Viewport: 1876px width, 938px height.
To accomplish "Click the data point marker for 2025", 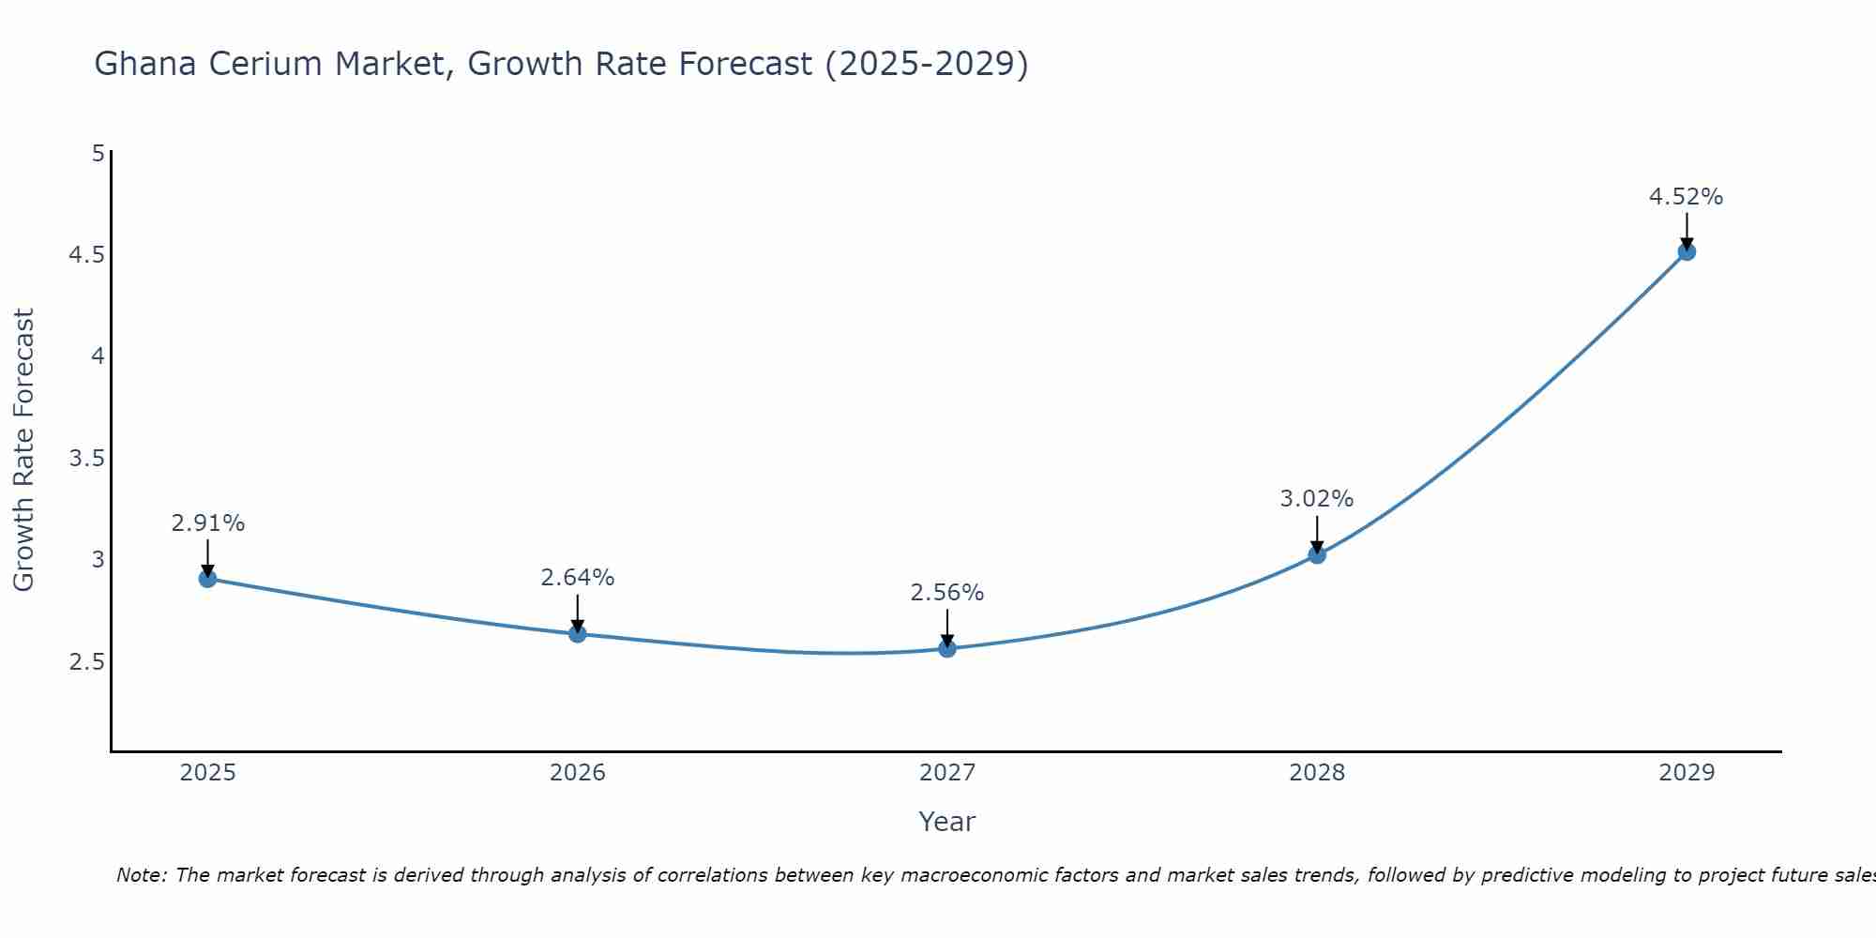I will pyautogui.click(x=208, y=579).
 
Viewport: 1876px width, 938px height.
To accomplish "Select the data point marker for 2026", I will pyautogui.click(x=578, y=634).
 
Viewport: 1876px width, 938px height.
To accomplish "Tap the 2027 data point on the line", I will pyautogui.click(x=947, y=648).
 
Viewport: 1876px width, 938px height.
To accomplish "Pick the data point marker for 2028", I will pyautogui.click(x=1317, y=555).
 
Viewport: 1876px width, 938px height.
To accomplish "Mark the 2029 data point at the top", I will pyautogui.click(x=1687, y=251).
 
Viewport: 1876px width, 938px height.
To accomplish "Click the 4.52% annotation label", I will pyautogui.click(x=1686, y=197).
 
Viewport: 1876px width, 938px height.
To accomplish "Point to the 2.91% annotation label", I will pyautogui.click(x=208, y=523).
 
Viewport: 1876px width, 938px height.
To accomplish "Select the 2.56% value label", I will pyautogui.click(x=947, y=593).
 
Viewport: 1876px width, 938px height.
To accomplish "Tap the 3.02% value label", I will pyautogui.click(x=1317, y=499).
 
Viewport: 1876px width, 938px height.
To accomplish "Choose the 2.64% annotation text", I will pyautogui.click(x=578, y=578).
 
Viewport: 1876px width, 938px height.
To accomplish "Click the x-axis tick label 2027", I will pyautogui.click(x=947, y=773).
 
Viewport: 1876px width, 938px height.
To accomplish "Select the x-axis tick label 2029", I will pyautogui.click(x=1687, y=773).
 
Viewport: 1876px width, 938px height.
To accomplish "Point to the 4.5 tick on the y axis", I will pyautogui.click(x=86, y=255).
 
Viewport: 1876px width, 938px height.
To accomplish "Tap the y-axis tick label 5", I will pyautogui.click(x=98, y=153).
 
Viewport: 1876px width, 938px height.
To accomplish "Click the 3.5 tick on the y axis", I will pyautogui.click(x=86, y=459).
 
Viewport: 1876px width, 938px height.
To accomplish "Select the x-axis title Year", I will pyautogui.click(x=947, y=822).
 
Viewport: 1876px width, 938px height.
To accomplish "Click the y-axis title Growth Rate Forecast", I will pyautogui.click(x=24, y=450).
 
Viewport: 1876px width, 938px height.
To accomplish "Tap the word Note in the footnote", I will pyautogui.click(x=141, y=875).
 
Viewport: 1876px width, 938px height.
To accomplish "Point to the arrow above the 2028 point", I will pyautogui.click(x=1317, y=535).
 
